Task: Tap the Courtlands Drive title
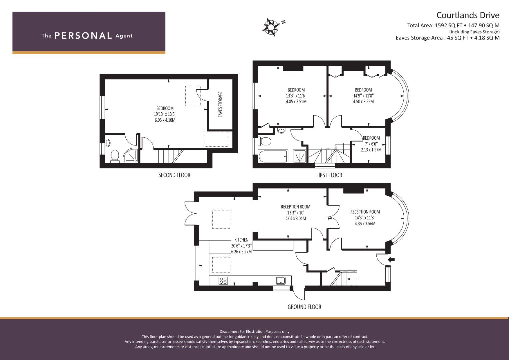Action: pyautogui.click(x=468, y=15)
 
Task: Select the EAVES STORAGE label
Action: pyautogui.click(x=220, y=104)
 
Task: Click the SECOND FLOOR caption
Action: pyautogui.click(x=174, y=175)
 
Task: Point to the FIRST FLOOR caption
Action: pyautogui.click(x=329, y=175)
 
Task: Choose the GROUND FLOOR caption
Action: pyautogui.click(x=304, y=307)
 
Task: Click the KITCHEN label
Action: pyautogui.click(x=241, y=240)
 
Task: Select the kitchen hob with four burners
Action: pyautogui.click(x=223, y=280)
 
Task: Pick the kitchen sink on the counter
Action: pyautogui.click(x=281, y=280)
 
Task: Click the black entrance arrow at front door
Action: pyautogui.click(x=391, y=259)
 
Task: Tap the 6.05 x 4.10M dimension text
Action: pyautogui.click(x=165, y=120)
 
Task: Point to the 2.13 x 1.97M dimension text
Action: pyautogui.click(x=371, y=150)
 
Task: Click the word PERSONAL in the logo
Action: pyautogui.click(x=83, y=36)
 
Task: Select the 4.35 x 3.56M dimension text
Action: pyautogui.click(x=365, y=223)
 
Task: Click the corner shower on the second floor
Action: pyautogui.click(x=131, y=156)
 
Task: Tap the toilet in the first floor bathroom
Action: pyautogui.click(x=264, y=141)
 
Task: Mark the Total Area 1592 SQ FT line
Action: pyautogui.click(x=453, y=25)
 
